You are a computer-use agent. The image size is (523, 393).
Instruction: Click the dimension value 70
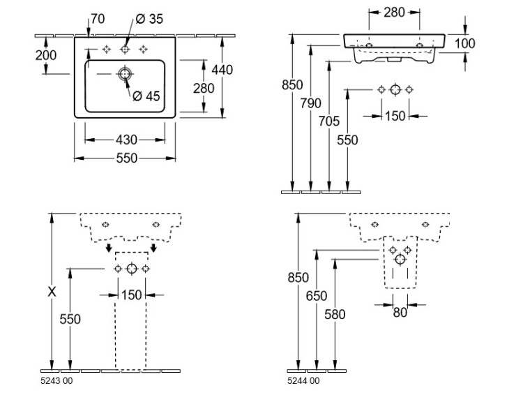point(98,20)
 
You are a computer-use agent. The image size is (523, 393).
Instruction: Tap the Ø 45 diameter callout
point(146,96)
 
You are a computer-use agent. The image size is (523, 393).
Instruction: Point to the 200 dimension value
point(46,55)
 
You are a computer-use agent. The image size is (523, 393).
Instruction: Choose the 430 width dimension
point(126,140)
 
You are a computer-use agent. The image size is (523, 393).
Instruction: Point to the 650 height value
point(317,296)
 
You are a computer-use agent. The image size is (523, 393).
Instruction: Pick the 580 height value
point(335,314)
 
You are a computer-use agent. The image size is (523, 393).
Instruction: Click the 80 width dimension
point(400,313)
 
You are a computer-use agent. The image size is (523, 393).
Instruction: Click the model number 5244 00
point(303,380)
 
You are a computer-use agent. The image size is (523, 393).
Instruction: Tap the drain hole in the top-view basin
point(125,73)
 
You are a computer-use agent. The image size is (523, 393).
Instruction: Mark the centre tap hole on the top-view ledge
point(125,49)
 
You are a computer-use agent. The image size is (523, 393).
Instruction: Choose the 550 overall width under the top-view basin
point(126,158)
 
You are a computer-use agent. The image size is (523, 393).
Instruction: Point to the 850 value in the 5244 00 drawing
point(298,277)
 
